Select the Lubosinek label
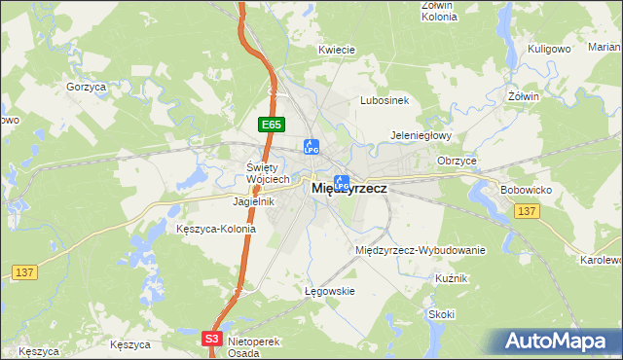click(x=388, y=100)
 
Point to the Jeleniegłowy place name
click(x=421, y=136)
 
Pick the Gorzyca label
click(x=86, y=88)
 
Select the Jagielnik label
click(x=254, y=202)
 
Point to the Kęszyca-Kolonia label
click(x=216, y=230)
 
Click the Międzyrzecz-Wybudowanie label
click(x=421, y=250)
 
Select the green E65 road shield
click(x=271, y=125)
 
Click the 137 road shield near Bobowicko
click(x=529, y=212)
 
